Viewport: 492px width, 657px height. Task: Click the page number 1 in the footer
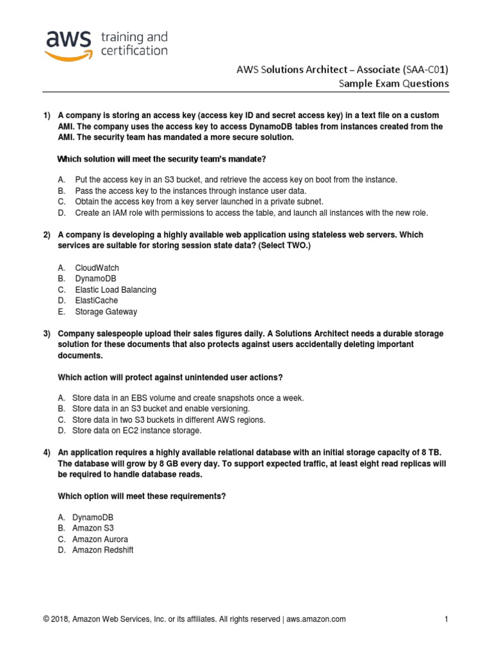(446, 619)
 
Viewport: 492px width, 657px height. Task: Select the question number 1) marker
(47, 115)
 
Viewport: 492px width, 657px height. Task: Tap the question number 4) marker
(47, 452)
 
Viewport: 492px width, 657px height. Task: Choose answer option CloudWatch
(97, 268)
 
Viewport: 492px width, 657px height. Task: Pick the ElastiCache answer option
(97, 300)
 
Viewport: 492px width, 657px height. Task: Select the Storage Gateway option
(106, 312)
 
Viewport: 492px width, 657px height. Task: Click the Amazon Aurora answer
(100, 539)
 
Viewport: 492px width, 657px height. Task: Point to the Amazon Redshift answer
(102, 550)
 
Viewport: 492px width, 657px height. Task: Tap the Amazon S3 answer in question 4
(93, 528)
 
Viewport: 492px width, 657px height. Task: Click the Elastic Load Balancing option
(115, 289)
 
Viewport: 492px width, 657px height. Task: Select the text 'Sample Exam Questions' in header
(393, 84)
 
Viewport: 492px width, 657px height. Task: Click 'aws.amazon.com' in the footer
(316, 619)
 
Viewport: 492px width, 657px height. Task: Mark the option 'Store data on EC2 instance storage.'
(137, 431)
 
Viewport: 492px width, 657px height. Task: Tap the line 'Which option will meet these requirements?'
(142, 497)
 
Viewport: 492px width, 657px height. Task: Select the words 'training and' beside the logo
(134, 36)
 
